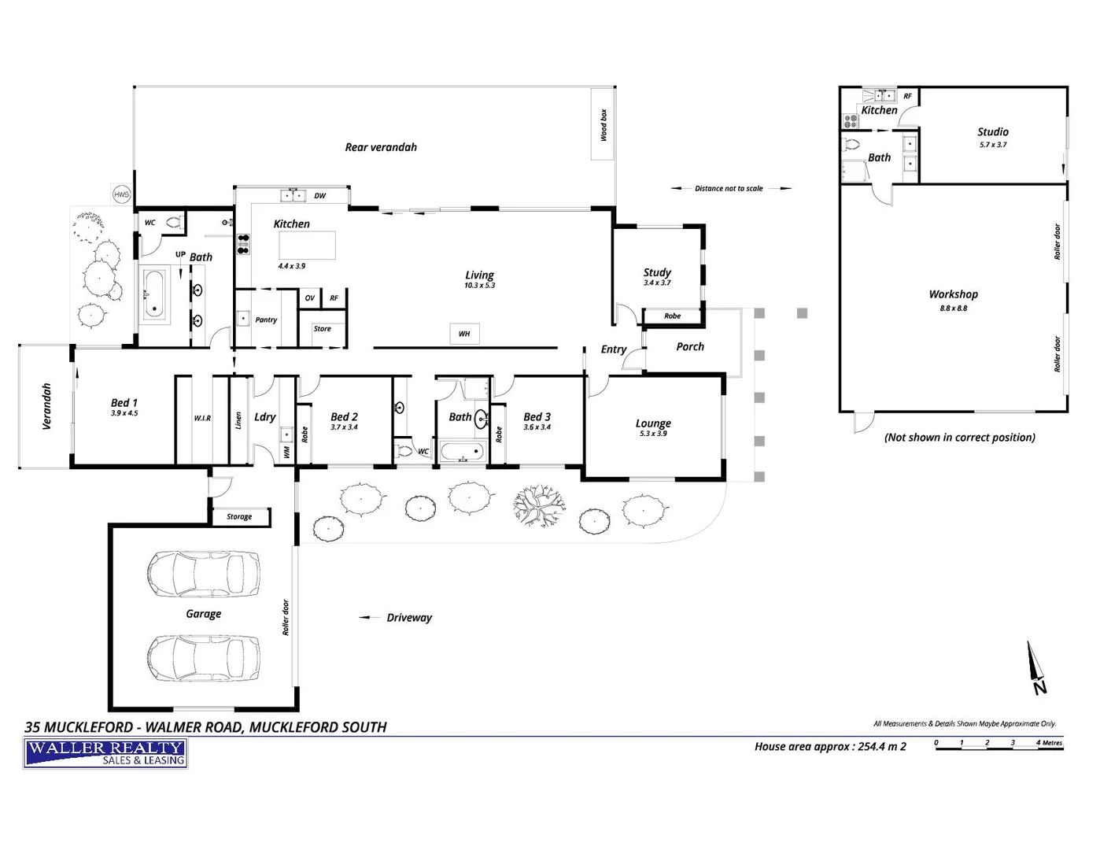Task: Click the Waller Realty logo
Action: point(105,753)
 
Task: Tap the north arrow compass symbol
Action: point(1037,668)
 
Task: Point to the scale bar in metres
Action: point(998,746)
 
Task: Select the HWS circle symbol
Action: point(121,194)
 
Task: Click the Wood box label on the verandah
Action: point(604,125)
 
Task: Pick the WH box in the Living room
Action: point(464,334)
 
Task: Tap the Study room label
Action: point(657,272)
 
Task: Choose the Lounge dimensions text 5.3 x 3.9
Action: point(653,434)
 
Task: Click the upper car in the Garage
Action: point(203,574)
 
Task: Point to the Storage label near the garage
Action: point(239,517)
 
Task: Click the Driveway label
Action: point(409,618)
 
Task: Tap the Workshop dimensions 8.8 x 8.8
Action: point(953,309)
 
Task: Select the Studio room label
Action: point(993,132)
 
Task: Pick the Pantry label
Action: point(266,320)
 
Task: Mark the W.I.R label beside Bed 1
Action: point(202,418)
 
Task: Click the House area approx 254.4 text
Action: point(830,747)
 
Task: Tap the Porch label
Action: point(690,346)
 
